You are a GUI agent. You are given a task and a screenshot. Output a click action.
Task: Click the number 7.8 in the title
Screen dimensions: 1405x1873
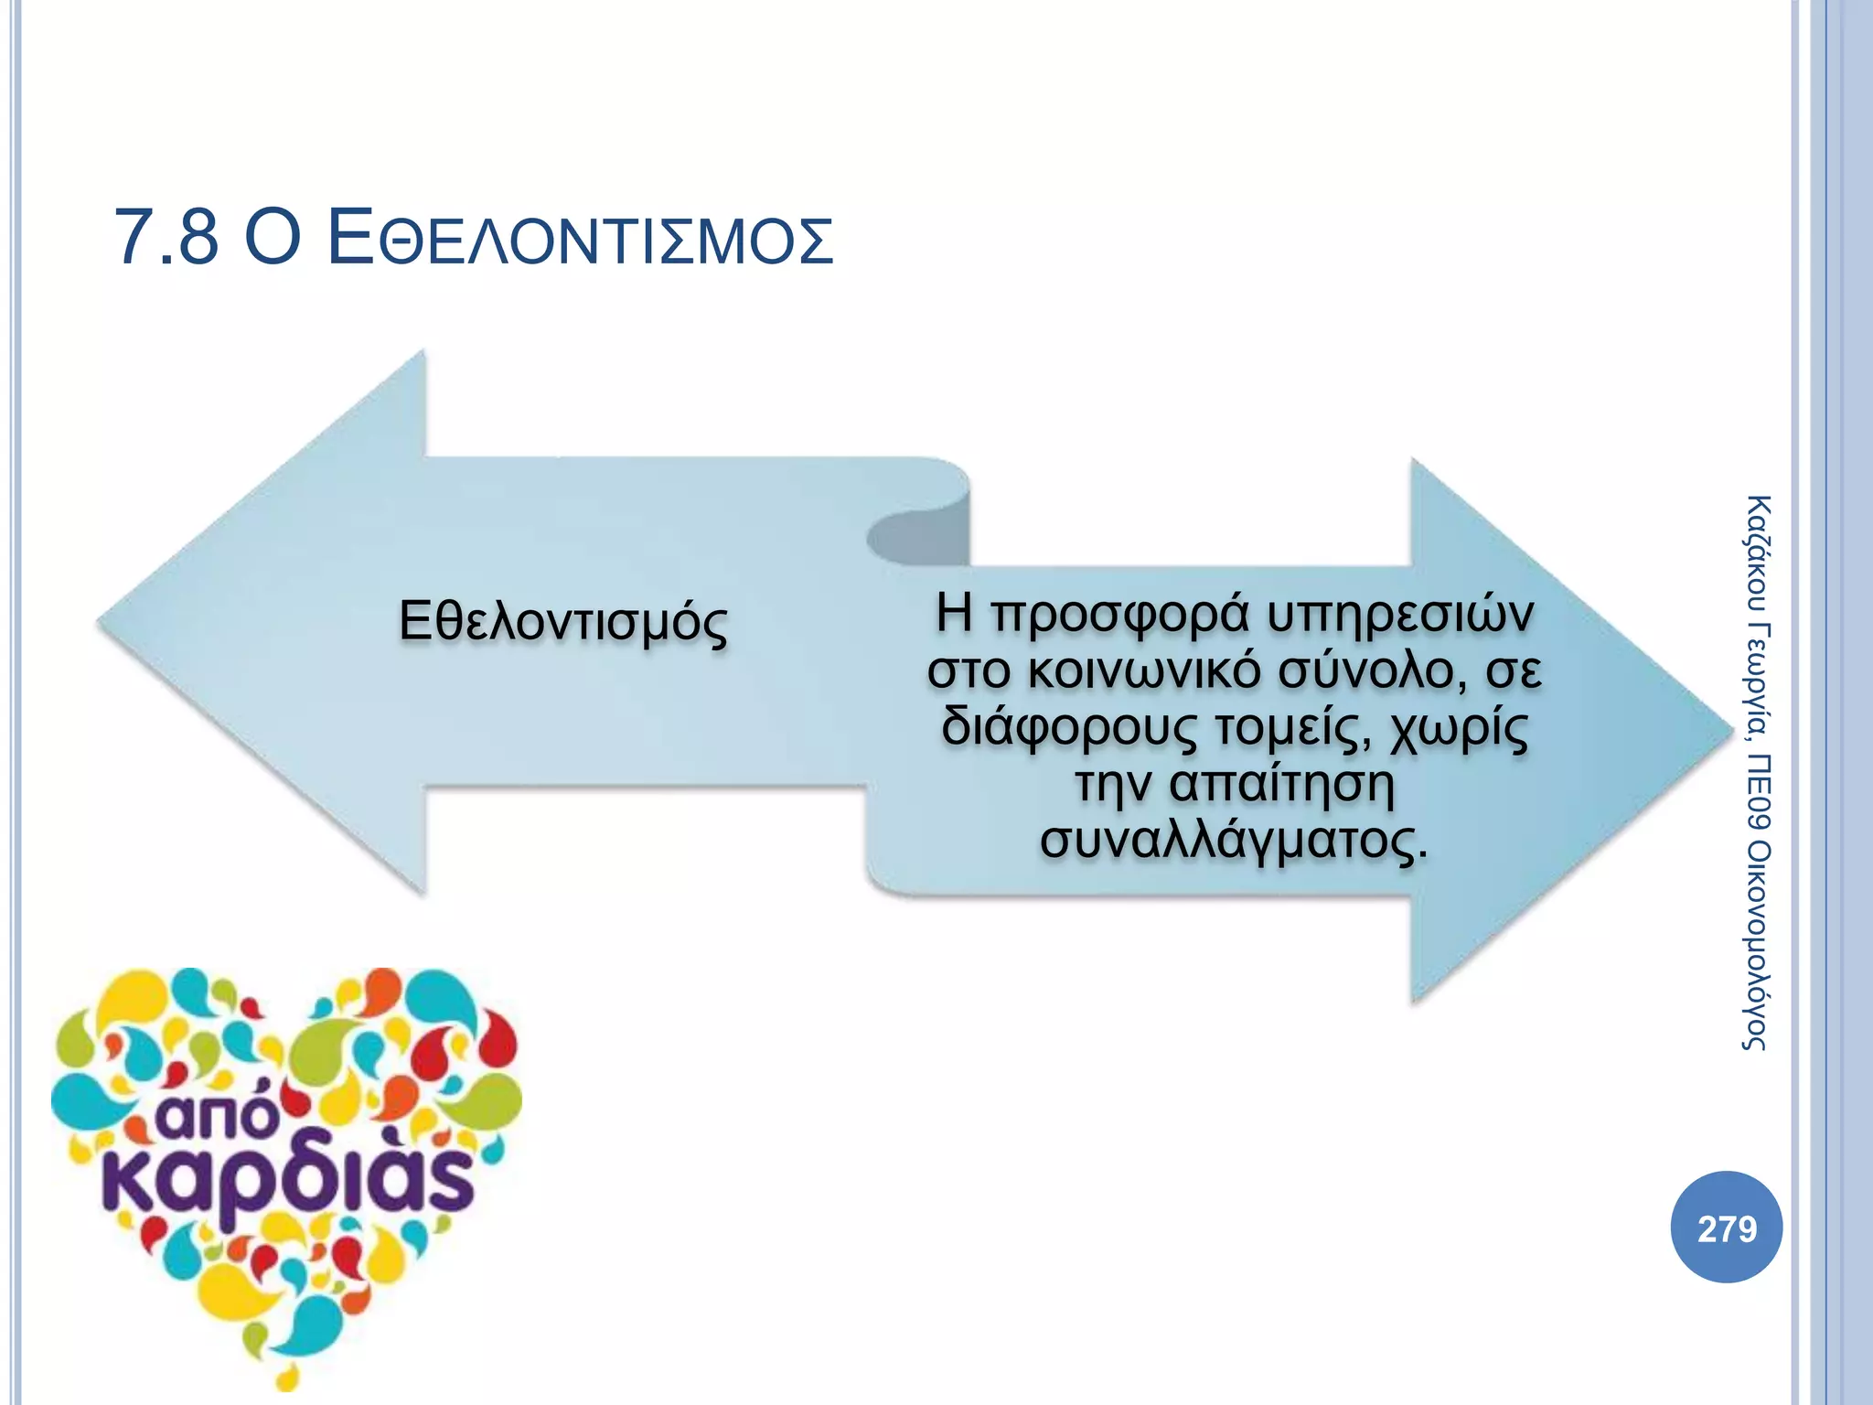click(166, 238)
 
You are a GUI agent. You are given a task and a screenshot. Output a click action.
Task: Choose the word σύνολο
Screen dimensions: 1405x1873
click(1366, 670)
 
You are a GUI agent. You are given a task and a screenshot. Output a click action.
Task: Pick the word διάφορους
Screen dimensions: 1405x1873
click(1067, 728)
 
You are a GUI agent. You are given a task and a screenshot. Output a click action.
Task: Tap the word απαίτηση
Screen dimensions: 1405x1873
click(1281, 784)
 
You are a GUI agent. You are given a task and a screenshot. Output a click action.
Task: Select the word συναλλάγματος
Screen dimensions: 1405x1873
click(1233, 841)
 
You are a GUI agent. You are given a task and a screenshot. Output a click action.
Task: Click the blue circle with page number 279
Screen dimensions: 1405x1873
click(1726, 1228)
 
